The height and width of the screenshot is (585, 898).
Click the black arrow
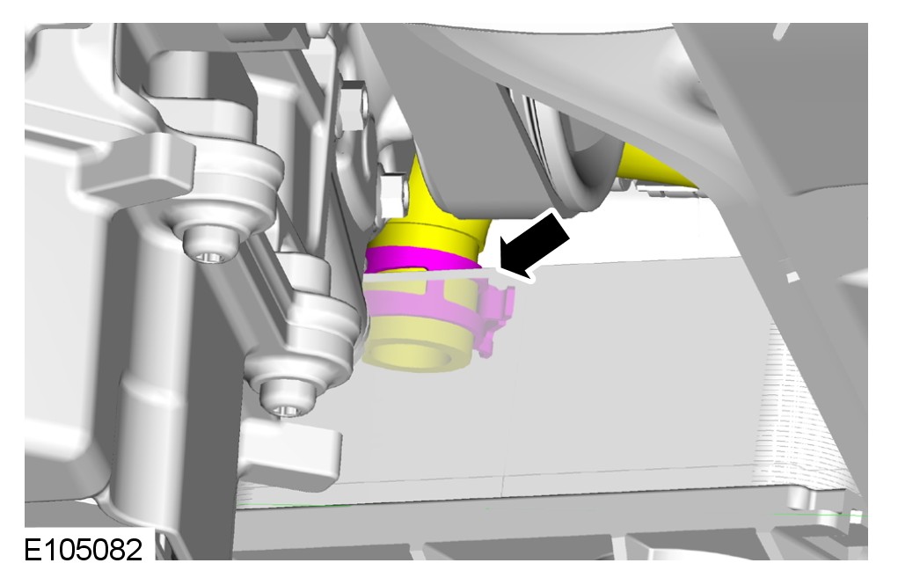534,244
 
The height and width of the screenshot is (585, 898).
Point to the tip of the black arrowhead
501,270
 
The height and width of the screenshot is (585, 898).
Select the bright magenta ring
421,259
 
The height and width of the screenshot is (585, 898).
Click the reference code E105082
83,551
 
